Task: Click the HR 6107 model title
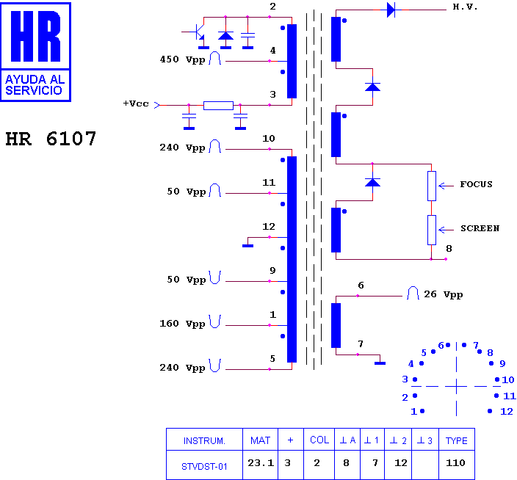(51, 139)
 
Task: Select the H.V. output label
(465, 7)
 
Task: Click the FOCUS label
(476, 184)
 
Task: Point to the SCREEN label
(480, 228)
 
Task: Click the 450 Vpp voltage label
(182, 59)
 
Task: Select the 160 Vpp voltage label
(182, 324)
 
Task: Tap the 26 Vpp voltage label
(443, 294)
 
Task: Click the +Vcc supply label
(136, 103)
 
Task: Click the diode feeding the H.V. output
(391, 10)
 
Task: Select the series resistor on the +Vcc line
(218, 106)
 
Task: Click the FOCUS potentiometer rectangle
(432, 186)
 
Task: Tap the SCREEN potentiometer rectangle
(432, 230)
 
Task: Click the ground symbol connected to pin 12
(248, 246)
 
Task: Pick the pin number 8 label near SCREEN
(449, 249)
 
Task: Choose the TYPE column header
(456, 440)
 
